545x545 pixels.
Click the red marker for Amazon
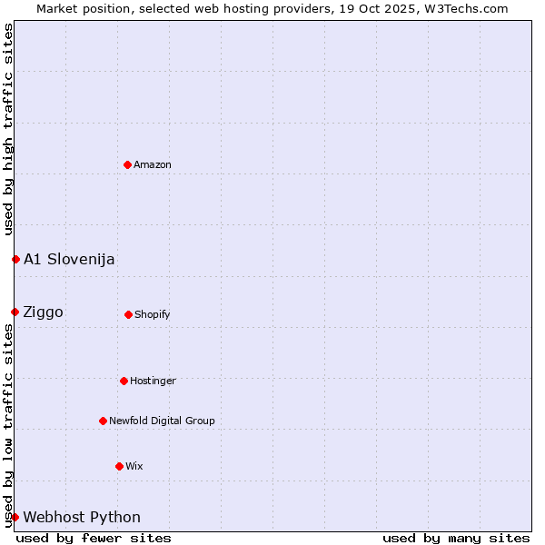click(127, 164)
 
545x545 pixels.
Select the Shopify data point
click(128, 314)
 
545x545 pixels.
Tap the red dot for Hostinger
click(124, 381)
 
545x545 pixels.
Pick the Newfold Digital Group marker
click(103, 421)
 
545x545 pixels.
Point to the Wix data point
click(119, 466)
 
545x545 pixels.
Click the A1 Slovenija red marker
click(15, 259)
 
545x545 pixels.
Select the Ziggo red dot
click(15, 312)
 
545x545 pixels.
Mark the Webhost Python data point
click(15, 517)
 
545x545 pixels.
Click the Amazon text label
click(153, 164)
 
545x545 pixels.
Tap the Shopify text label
click(153, 314)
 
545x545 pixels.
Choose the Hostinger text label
click(153, 381)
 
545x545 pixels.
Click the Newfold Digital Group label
click(162, 421)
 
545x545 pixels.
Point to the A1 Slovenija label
click(69, 259)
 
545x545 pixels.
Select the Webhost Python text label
click(82, 517)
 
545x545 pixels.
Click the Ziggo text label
click(44, 312)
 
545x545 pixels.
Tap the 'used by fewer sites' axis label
click(94, 538)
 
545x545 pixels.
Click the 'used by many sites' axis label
click(456, 538)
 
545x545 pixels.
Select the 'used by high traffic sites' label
click(8, 129)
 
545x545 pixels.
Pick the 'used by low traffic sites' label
click(8, 425)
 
